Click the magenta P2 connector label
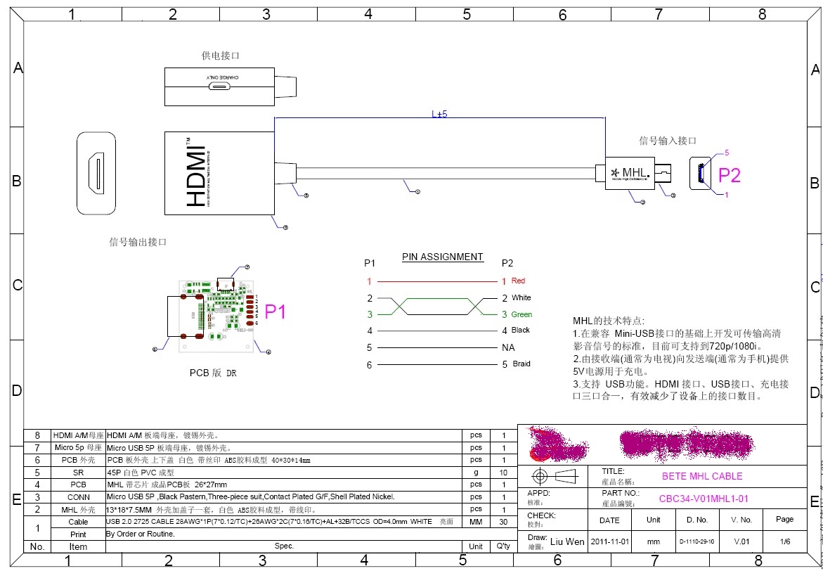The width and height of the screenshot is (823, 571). tap(728, 174)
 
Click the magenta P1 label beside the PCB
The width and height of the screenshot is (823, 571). tap(276, 312)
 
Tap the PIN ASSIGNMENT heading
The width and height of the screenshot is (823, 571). tap(442, 257)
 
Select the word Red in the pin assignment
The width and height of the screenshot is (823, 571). tap(518, 281)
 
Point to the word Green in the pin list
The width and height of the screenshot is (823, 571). tap(521, 314)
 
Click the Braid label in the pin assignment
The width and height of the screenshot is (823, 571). tap(521, 364)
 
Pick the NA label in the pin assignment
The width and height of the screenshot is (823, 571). tap(508, 347)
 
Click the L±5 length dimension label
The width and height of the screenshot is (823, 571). tap(439, 113)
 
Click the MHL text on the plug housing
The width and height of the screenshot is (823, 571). tap(635, 172)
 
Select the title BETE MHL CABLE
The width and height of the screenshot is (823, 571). tap(702, 476)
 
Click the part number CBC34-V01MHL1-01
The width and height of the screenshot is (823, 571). tap(703, 499)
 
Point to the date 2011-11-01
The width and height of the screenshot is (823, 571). tap(609, 541)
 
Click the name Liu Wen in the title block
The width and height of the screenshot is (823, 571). tap(566, 541)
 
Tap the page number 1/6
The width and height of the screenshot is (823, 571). tap(784, 541)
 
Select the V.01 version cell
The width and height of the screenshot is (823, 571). tap(741, 541)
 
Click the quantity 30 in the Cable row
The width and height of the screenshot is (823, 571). tap(503, 522)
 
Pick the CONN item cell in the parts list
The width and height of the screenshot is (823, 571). tap(78, 496)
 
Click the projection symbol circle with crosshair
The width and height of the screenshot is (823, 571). tap(540, 476)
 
